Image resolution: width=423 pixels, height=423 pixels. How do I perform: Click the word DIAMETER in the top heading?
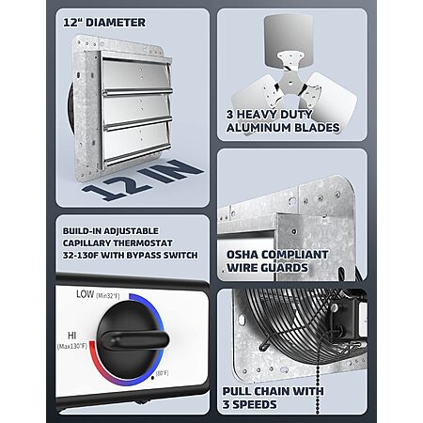click(x=116, y=23)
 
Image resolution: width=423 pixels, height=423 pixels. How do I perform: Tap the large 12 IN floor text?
click(x=143, y=180)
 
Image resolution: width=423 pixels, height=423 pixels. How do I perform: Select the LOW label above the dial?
click(x=85, y=294)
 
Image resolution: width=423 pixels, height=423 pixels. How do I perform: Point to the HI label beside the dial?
click(x=71, y=336)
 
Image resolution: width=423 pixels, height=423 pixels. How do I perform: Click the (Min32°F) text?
click(x=108, y=295)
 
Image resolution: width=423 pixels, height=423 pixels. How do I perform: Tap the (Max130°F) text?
click(x=72, y=346)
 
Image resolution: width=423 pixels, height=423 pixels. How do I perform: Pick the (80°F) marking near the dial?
click(x=162, y=373)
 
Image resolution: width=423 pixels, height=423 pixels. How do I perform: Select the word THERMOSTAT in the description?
click(x=143, y=243)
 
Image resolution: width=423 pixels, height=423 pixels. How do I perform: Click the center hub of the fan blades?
click(x=290, y=83)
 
